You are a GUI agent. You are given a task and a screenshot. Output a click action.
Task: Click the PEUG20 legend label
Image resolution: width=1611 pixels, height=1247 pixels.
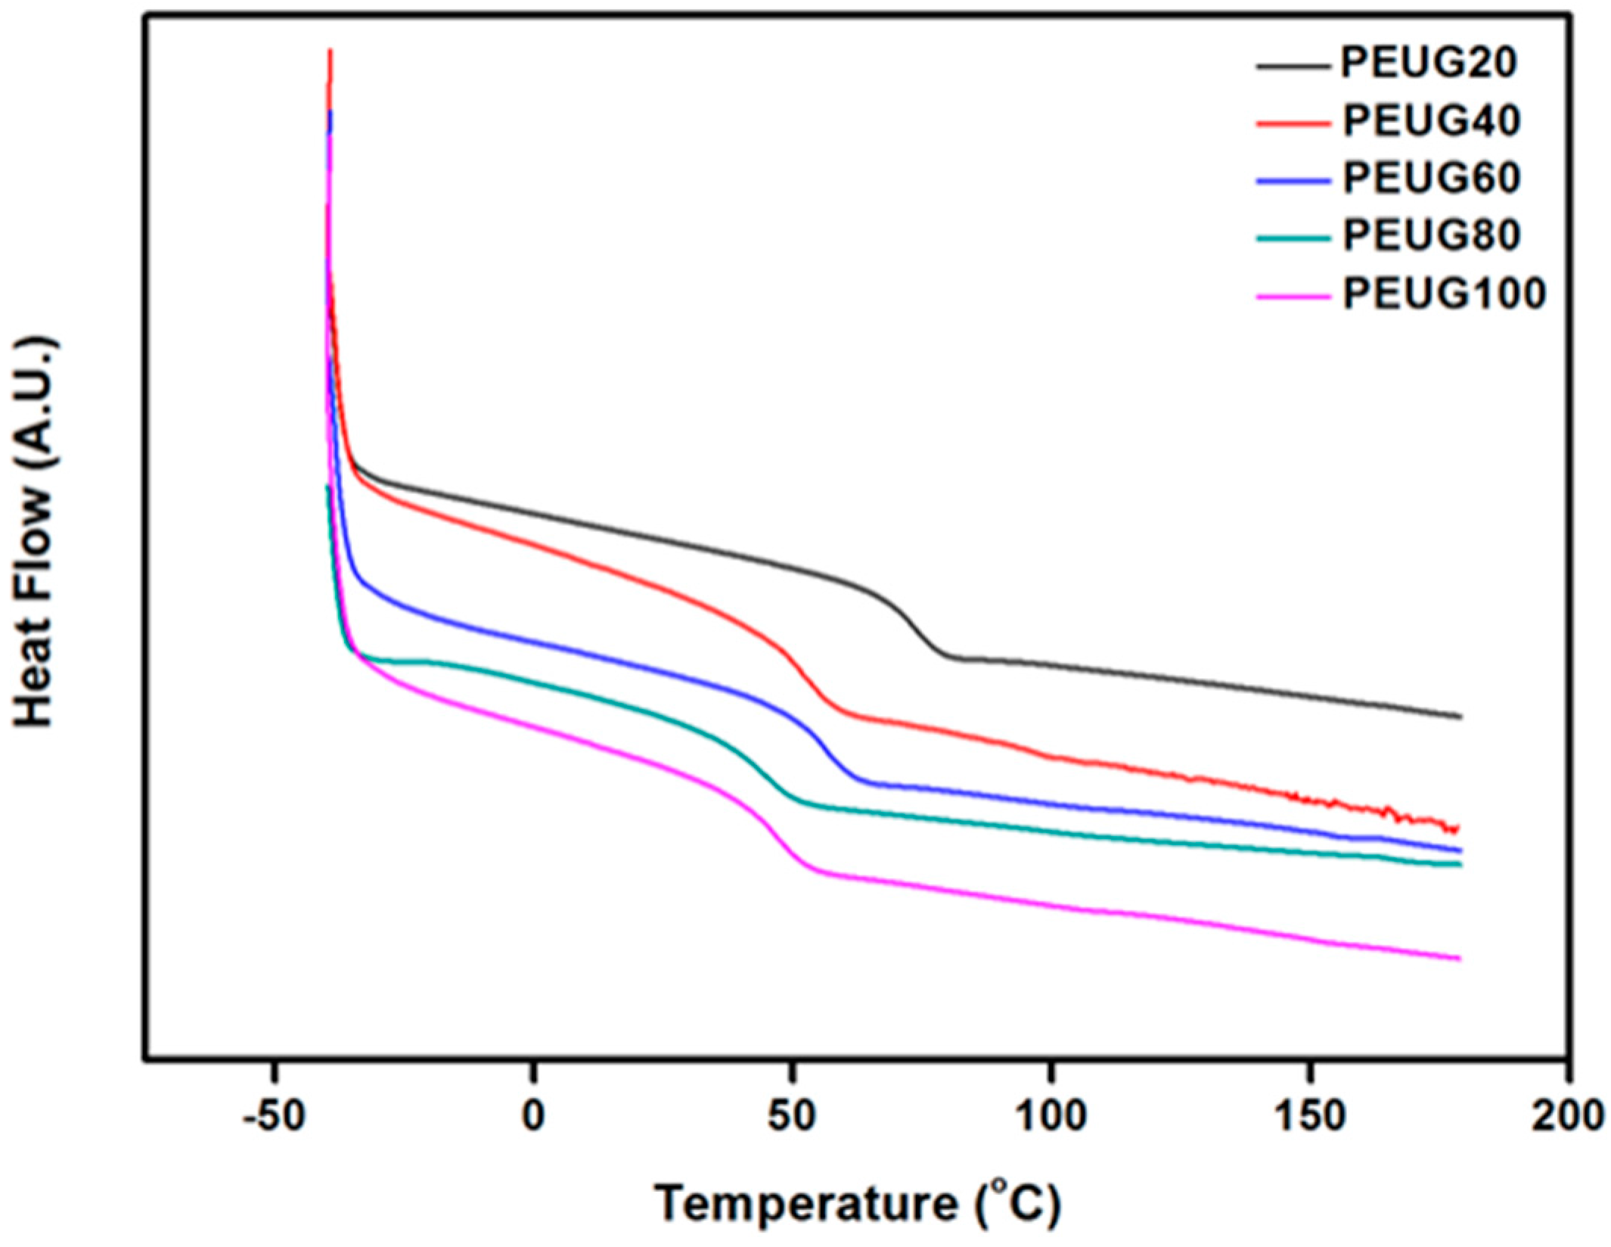[1428, 63]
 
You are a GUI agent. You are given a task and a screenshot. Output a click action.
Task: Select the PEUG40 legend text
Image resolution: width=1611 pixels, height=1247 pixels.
[1431, 121]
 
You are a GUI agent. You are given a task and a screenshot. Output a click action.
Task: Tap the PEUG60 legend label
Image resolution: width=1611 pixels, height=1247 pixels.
[1431, 179]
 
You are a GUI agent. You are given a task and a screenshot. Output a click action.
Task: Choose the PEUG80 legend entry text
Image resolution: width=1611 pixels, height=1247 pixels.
[1431, 236]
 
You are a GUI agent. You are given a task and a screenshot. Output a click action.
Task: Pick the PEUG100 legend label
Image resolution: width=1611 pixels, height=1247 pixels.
[1443, 294]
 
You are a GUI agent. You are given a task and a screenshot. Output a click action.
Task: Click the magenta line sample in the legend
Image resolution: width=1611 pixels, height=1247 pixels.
[1293, 297]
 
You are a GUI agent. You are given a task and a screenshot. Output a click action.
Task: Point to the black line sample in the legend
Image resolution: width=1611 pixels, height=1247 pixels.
[1293, 67]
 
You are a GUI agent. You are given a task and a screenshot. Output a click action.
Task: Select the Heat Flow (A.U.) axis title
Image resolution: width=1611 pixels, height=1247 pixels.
[34, 533]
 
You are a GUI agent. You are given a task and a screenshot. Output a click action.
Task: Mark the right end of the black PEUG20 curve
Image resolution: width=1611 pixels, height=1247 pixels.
[1460, 716]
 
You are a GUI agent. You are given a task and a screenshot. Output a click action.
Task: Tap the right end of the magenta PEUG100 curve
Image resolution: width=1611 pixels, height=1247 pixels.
[1459, 959]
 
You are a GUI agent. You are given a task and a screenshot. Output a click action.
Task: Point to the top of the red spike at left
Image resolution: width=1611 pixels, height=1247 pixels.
[331, 51]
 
